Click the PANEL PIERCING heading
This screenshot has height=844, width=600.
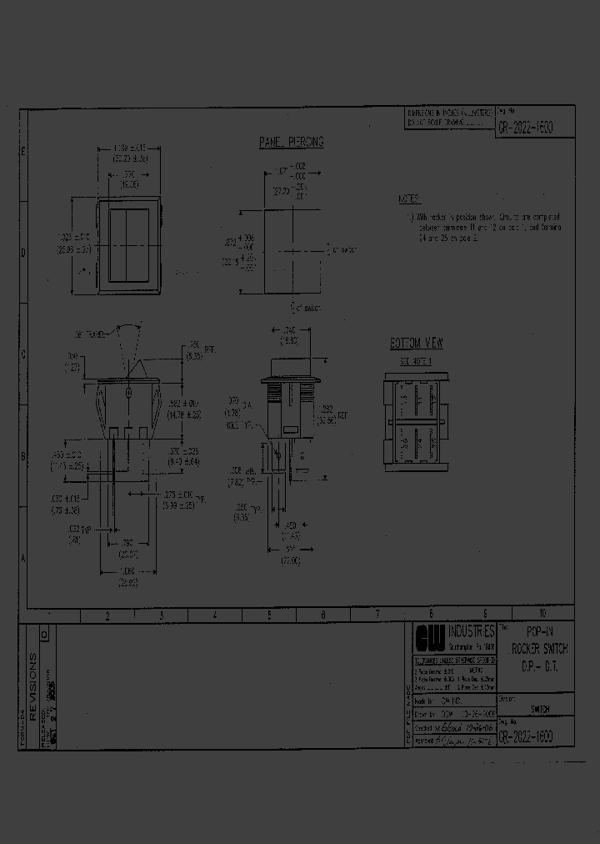click(x=291, y=143)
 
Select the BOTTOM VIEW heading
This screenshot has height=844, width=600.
click(x=417, y=344)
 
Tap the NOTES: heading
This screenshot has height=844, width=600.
click(x=410, y=199)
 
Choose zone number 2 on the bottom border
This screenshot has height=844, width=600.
click(x=107, y=615)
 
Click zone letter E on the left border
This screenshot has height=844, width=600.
click(x=23, y=152)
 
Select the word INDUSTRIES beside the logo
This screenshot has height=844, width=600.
click(x=471, y=630)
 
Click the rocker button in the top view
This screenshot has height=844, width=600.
click(x=129, y=247)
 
